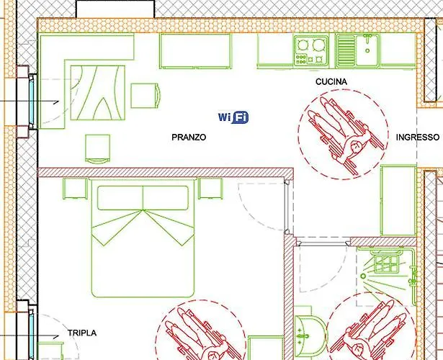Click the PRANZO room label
[189, 137]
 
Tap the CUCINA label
[331, 82]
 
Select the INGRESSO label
[417, 137]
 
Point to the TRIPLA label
[81, 333]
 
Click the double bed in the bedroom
[143, 240]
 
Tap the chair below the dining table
[97, 148]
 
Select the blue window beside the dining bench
[33, 101]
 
